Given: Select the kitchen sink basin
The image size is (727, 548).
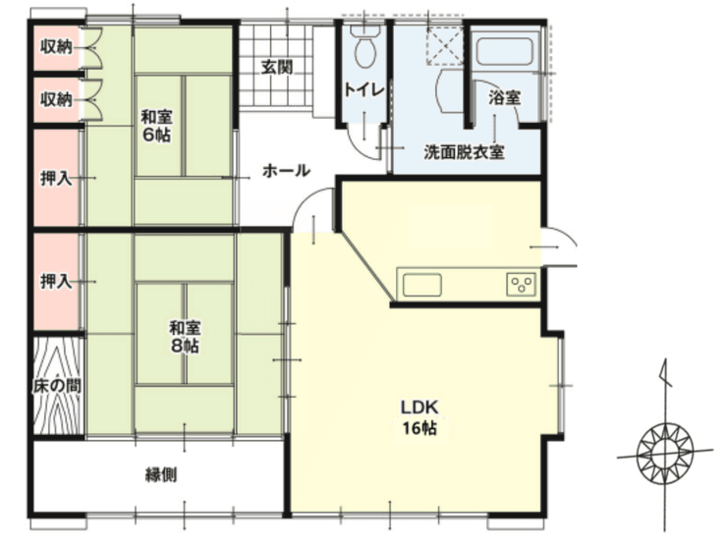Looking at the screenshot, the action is tap(421, 285).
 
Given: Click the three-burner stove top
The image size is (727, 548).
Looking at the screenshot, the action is tap(522, 284).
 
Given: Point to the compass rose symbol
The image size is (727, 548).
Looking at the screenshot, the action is tap(665, 452).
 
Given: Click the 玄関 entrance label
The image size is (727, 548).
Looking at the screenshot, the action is tap(277, 67).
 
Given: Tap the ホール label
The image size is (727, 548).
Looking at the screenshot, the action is tap(286, 171).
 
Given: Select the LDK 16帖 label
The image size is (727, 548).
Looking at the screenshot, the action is tap(419, 417).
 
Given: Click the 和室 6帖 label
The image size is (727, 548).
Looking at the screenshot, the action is tap(157, 125).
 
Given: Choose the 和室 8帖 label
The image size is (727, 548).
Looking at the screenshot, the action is tap(185, 337).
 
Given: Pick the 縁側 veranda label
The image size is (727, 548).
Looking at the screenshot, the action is tap(161, 474).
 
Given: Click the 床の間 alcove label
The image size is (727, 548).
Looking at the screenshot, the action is tap(57, 386).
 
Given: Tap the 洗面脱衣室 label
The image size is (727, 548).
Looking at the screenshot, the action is tap(464, 152).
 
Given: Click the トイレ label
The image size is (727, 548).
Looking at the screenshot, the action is tap(364, 89).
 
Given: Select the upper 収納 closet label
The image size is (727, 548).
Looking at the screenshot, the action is tap(56, 46).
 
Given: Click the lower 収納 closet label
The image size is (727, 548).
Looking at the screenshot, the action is tap(56, 99).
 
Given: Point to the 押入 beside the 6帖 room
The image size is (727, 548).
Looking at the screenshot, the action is tap(56, 178).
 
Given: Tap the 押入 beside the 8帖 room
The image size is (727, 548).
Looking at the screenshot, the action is tap(56, 281).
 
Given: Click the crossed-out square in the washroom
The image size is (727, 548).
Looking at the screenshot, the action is tap(444, 45).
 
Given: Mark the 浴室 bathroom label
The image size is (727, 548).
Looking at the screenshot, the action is tap(504, 98).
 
